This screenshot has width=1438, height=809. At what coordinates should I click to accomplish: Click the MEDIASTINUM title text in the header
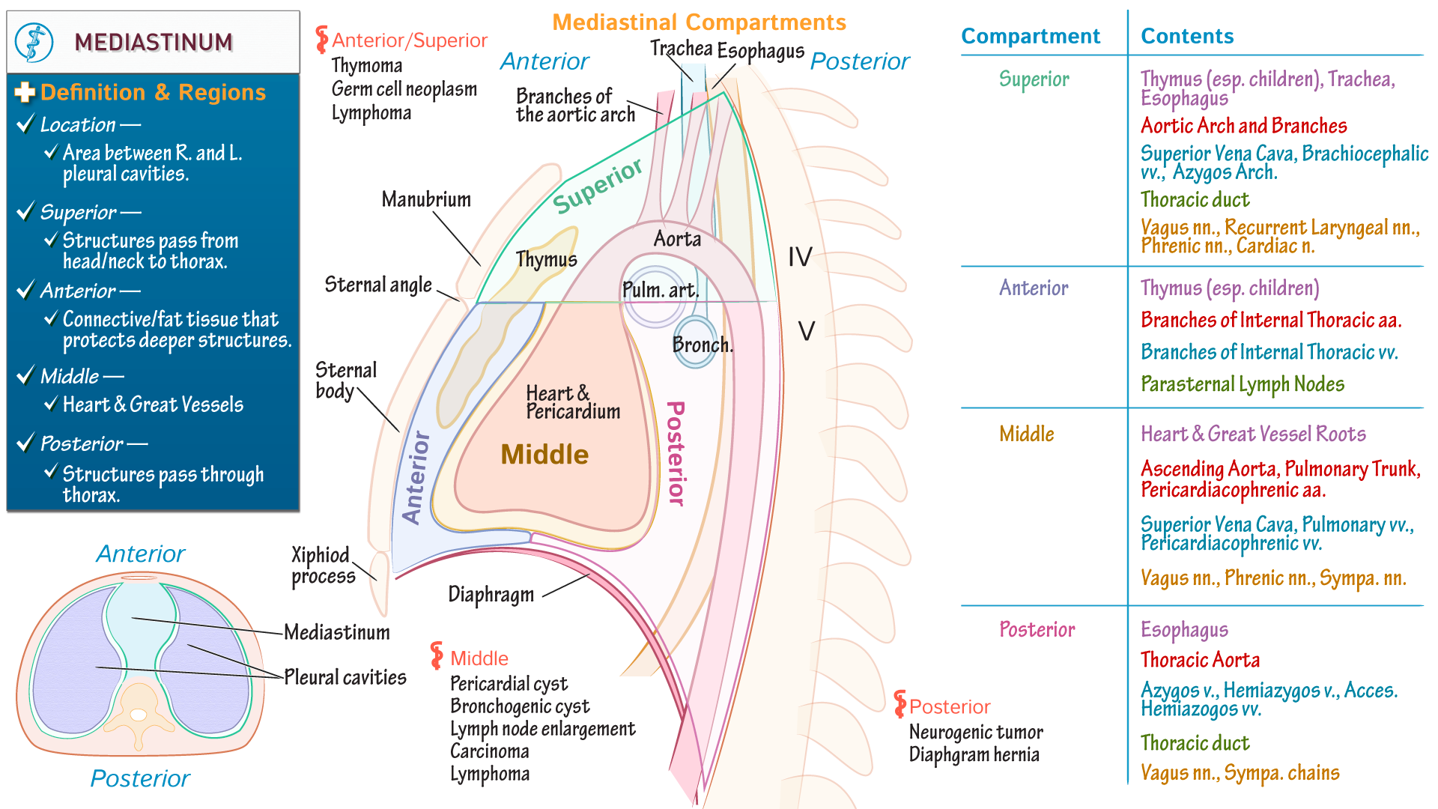pyautogui.click(x=153, y=42)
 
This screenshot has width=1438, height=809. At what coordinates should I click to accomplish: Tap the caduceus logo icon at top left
pyautogui.click(x=34, y=42)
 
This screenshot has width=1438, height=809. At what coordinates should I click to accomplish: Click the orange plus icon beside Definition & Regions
pyautogui.click(x=25, y=92)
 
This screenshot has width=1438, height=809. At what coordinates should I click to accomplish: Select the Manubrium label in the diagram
pyautogui.click(x=426, y=199)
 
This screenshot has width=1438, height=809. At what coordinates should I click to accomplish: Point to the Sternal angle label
pyautogui.click(x=378, y=285)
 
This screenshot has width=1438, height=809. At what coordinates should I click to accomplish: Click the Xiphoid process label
pyautogui.click(x=323, y=566)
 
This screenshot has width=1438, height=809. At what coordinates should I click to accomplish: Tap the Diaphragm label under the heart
pyautogui.click(x=491, y=595)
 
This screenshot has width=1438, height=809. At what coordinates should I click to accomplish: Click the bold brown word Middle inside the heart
pyautogui.click(x=544, y=454)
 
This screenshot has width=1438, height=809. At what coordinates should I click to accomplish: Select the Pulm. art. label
pyautogui.click(x=660, y=290)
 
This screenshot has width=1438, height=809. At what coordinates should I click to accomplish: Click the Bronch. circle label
pyautogui.click(x=702, y=345)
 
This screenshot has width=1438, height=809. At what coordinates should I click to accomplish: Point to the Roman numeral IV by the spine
pyautogui.click(x=800, y=257)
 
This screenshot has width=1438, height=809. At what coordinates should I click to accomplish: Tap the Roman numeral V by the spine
pyautogui.click(x=806, y=330)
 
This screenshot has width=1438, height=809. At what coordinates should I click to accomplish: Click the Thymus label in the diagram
pyautogui.click(x=546, y=260)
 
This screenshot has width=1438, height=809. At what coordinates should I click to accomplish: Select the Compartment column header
pyautogui.click(x=1030, y=36)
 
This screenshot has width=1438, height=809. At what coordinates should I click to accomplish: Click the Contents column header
pyautogui.click(x=1186, y=36)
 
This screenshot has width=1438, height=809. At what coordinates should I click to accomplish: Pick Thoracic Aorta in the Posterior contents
pyautogui.click(x=1200, y=660)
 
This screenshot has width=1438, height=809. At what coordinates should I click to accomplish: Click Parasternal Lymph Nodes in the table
pyautogui.click(x=1242, y=384)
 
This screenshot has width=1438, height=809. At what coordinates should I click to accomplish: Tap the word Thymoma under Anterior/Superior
pyautogui.click(x=366, y=66)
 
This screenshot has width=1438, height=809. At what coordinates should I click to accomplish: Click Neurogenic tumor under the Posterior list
pyautogui.click(x=975, y=732)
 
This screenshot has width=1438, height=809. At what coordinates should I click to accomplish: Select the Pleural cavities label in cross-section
pyautogui.click(x=345, y=677)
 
